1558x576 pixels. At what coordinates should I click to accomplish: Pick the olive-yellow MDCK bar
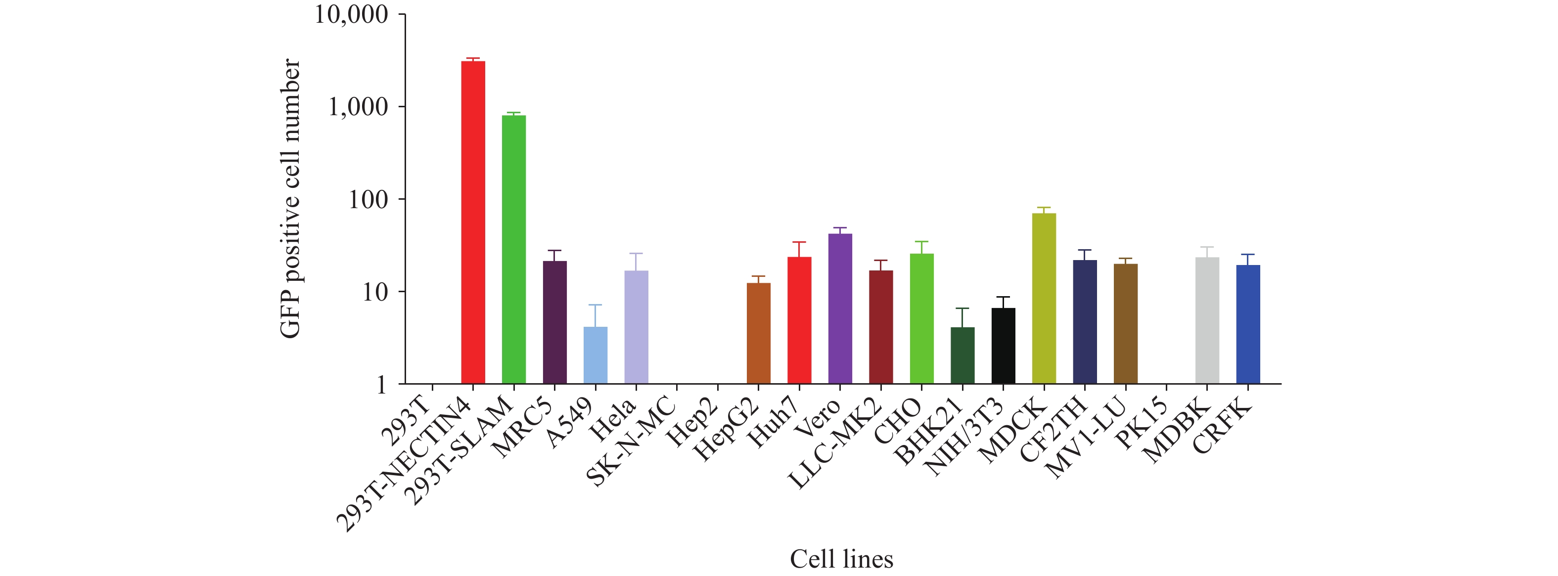point(1044,299)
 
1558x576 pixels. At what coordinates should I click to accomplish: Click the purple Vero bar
point(840,308)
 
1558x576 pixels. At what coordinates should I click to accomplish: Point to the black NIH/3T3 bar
point(1004,346)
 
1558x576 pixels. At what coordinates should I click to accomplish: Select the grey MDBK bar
point(1207,320)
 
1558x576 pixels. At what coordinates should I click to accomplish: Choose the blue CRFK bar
point(1248,324)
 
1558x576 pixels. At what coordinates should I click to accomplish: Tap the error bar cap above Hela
point(636,253)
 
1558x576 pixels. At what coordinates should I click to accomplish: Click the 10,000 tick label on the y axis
point(351,14)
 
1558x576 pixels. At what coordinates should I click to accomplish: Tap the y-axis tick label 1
point(381,384)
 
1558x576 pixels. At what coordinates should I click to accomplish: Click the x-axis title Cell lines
point(841,559)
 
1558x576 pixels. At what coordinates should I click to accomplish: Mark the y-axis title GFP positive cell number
point(290,198)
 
